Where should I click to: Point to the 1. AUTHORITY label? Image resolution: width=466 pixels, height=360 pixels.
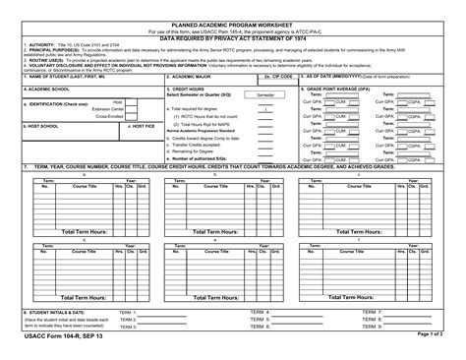point(40,44)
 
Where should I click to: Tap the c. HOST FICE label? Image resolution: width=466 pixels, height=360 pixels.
point(141,126)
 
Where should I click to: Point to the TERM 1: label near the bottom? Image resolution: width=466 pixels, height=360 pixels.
point(128,312)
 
